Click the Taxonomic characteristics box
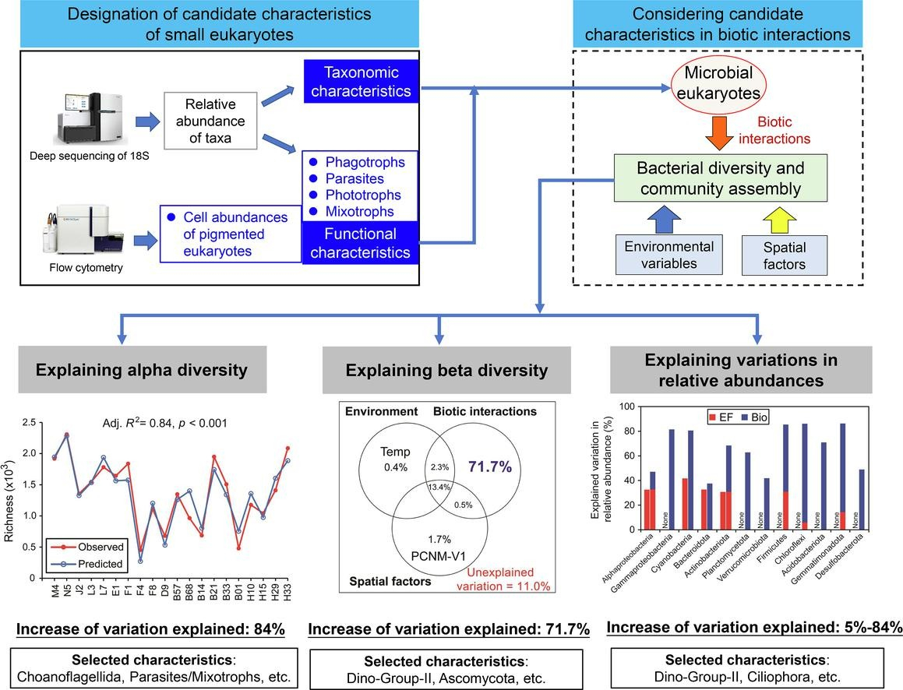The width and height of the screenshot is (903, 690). coord(361,82)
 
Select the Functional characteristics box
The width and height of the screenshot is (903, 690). coord(361,242)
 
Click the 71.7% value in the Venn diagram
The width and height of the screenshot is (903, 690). coord(490,467)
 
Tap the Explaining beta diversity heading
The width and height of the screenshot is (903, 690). coord(436,370)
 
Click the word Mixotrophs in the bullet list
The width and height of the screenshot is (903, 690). coord(360,211)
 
